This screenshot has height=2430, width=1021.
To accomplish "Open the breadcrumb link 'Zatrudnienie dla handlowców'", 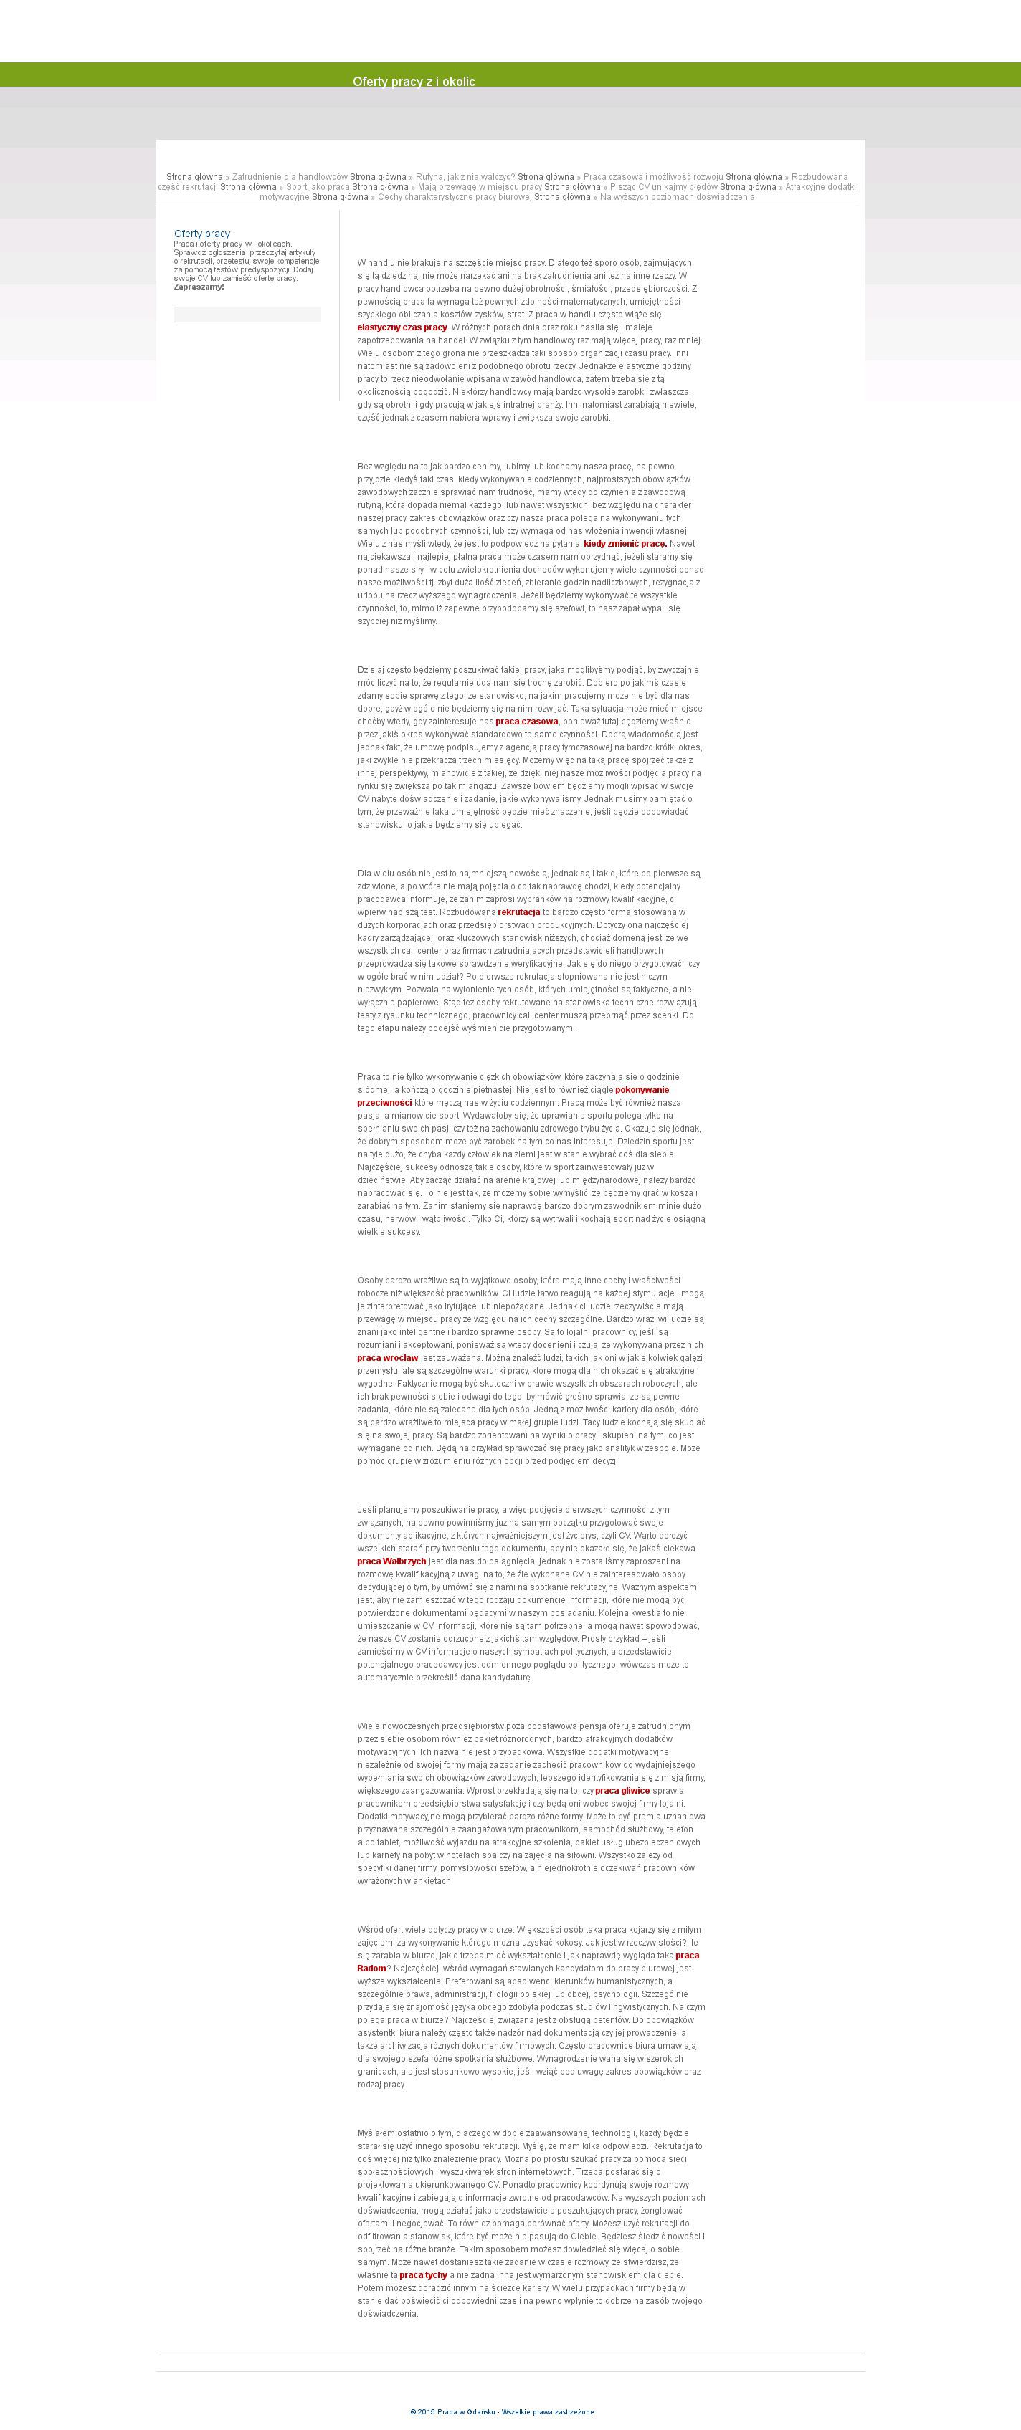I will [x=289, y=177].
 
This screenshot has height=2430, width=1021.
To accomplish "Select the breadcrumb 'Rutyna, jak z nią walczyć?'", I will [x=465, y=177].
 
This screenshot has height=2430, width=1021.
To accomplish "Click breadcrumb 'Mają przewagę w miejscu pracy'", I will [x=480, y=187].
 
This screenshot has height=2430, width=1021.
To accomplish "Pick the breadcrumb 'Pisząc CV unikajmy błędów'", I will [x=660, y=187].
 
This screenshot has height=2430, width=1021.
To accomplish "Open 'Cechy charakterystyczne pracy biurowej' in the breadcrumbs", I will [x=454, y=197].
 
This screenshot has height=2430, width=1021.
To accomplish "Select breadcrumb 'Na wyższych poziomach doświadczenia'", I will [x=677, y=197].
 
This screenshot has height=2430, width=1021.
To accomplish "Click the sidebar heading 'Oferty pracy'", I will [x=202, y=234].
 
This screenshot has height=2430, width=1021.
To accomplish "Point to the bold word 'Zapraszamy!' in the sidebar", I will [x=199, y=287].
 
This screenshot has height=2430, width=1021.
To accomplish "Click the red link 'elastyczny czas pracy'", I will [x=402, y=327].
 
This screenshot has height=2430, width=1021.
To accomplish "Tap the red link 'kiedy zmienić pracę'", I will [x=625, y=543].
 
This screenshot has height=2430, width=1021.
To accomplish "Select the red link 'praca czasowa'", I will [x=526, y=722].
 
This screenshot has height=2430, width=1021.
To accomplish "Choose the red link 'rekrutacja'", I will [x=519, y=912].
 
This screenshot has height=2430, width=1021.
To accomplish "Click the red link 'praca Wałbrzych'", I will [x=391, y=1561].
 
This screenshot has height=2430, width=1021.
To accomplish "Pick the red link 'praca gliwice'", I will [x=623, y=1790].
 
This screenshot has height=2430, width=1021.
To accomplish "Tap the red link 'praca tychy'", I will [x=423, y=2275].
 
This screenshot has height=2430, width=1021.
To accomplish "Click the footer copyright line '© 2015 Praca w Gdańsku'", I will [x=502, y=2412].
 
